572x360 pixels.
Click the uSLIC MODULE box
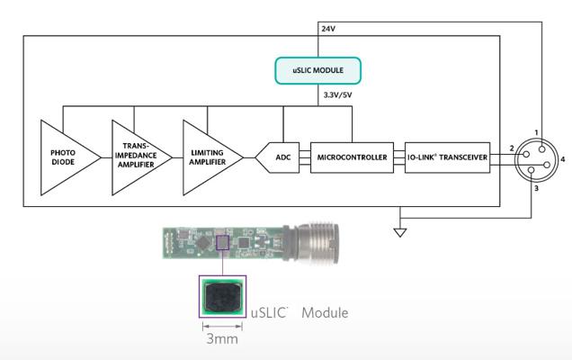pyautogui.click(x=317, y=70)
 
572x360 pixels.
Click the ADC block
pyautogui.click(x=278, y=157)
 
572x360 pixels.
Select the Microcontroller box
pyautogui.click(x=352, y=157)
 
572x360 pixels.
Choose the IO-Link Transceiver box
pyautogui.click(x=447, y=157)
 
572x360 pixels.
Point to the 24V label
pyautogui.click(x=328, y=29)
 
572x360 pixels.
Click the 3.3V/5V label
pyautogui.click(x=338, y=95)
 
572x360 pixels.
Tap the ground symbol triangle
pyautogui.click(x=400, y=232)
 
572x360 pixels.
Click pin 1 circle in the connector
pyautogui.click(x=541, y=149)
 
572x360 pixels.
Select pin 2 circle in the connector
pyautogui.click(x=526, y=155)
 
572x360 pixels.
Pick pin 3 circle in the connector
pyautogui.click(x=532, y=170)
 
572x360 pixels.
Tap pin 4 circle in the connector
pyautogui.click(x=547, y=165)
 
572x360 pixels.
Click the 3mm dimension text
pyautogui.click(x=222, y=339)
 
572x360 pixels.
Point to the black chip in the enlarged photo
pyautogui.click(x=222, y=297)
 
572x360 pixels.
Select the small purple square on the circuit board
pyautogui.click(x=222, y=243)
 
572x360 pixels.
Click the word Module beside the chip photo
pyautogui.click(x=325, y=313)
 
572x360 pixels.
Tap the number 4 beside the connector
pyautogui.click(x=563, y=159)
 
